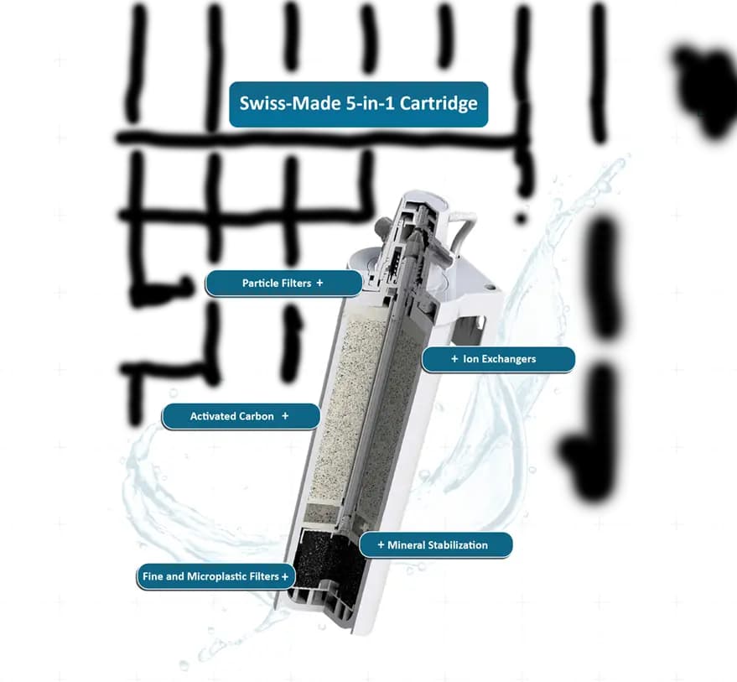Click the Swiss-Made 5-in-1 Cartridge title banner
click(x=358, y=104)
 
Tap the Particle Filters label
click(x=283, y=284)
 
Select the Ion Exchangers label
click(x=498, y=359)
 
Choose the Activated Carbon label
click(x=241, y=416)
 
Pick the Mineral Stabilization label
click(x=435, y=545)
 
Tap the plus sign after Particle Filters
click(x=319, y=284)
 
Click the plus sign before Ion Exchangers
click(x=454, y=359)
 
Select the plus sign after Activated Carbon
click(x=285, y=416)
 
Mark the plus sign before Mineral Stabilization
click(x=381, y=545)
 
